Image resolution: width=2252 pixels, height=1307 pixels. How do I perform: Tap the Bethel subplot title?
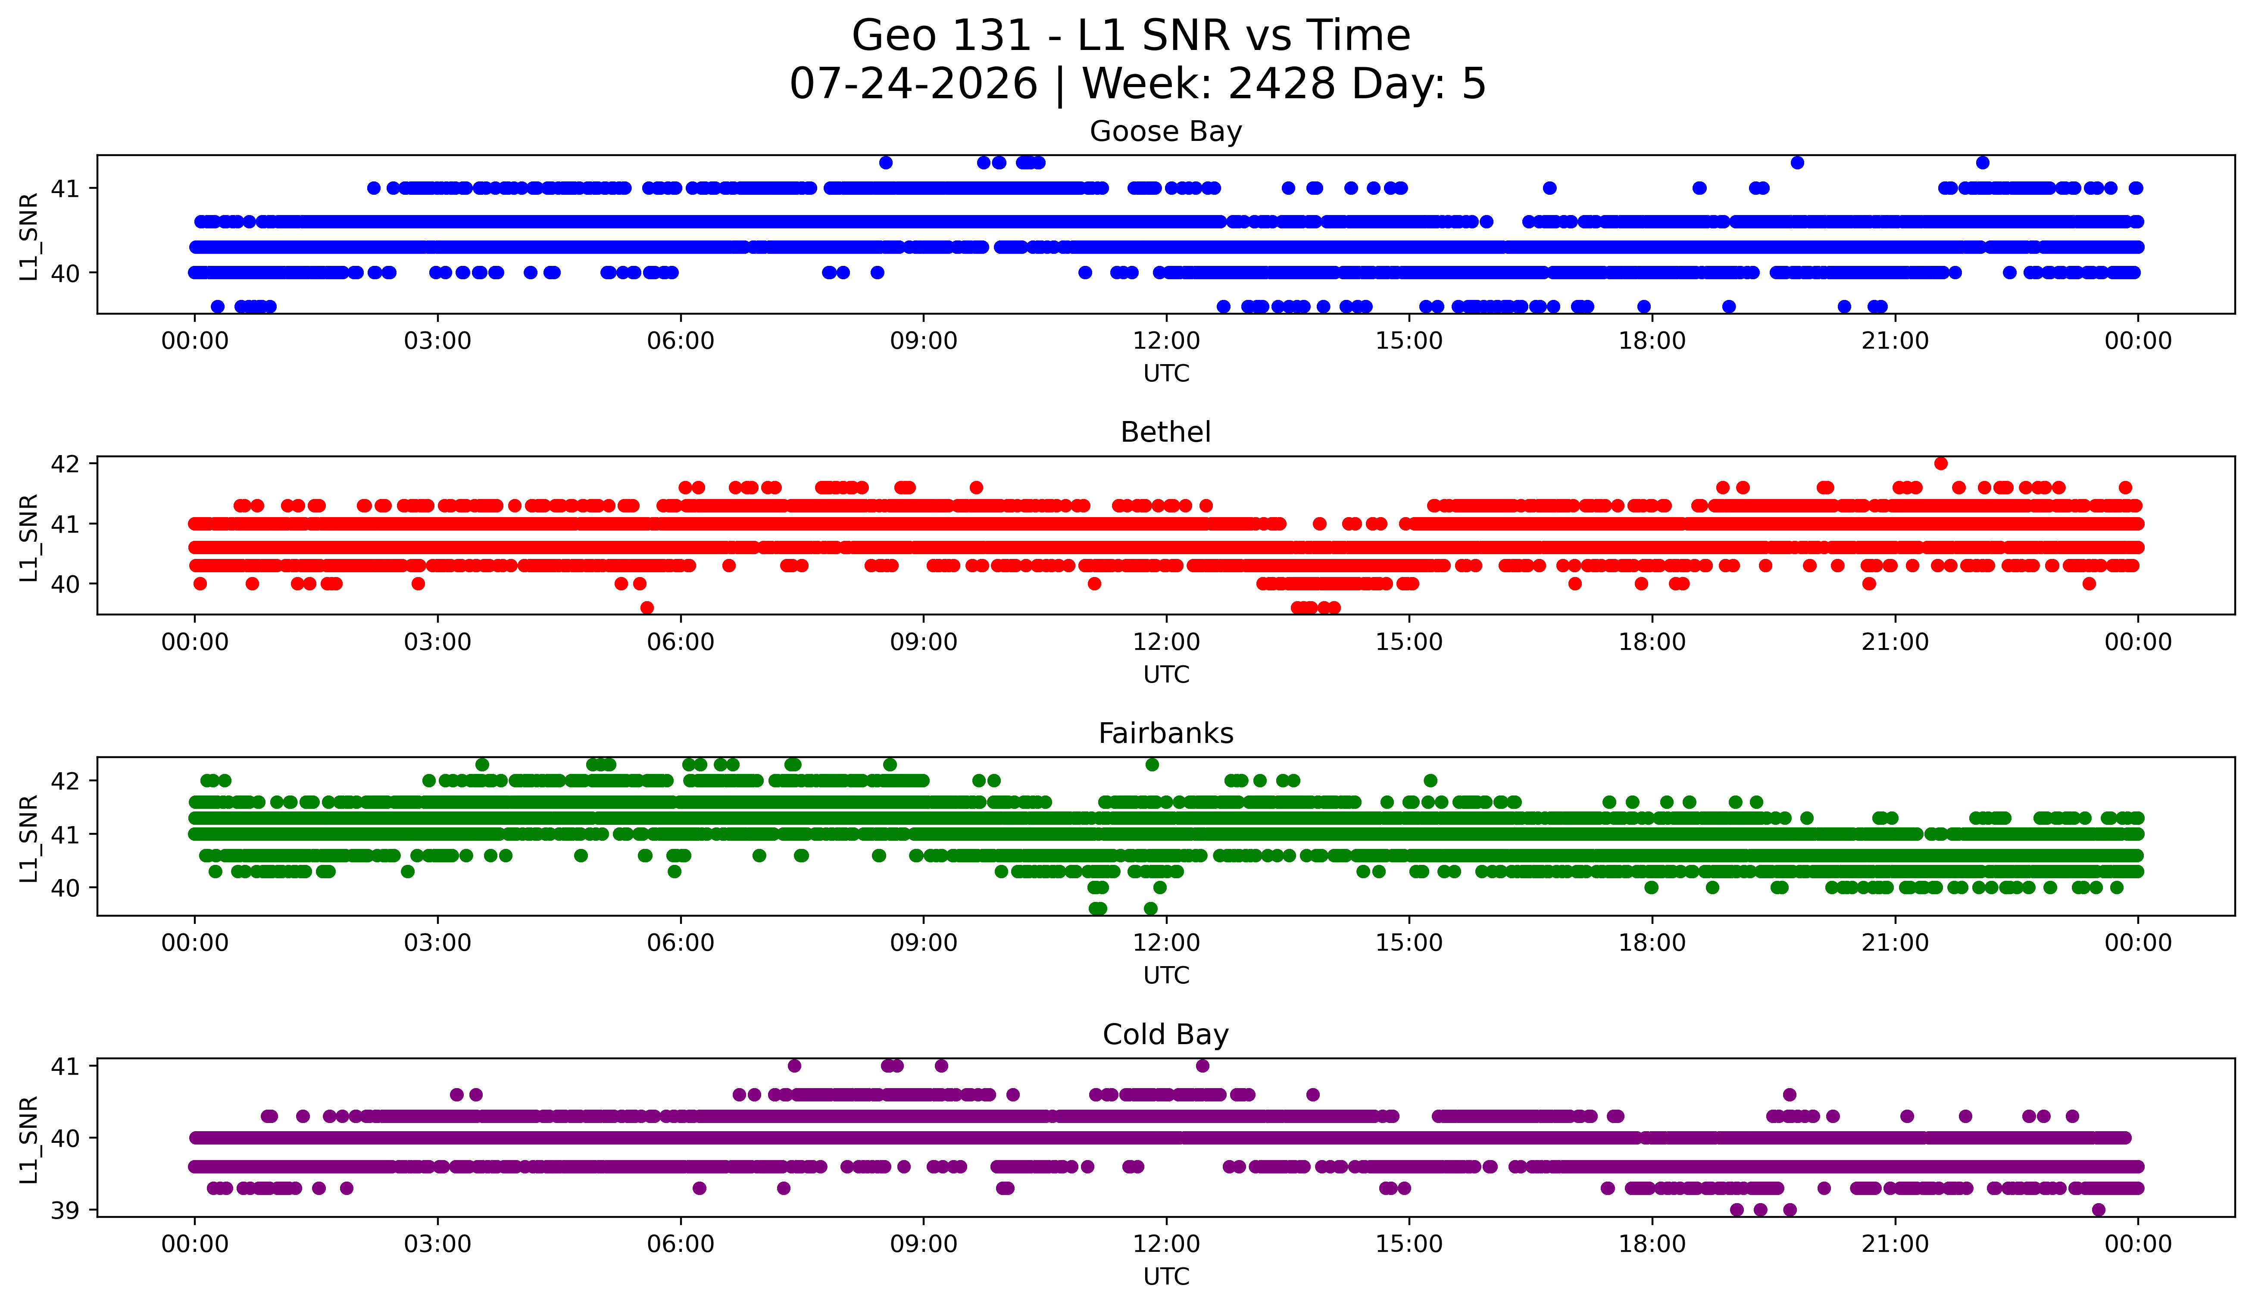1165,432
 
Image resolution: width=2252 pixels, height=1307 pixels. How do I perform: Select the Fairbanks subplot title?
1165,733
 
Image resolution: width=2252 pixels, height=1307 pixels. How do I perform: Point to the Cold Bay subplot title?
1165,1035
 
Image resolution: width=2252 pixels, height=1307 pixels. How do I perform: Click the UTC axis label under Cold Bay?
1166,1277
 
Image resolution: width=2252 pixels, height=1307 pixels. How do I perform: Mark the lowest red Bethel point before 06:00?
647,608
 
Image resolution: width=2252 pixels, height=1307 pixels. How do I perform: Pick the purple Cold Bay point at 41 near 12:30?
1202,1066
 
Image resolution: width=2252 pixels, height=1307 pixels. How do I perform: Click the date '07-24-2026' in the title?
913,84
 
